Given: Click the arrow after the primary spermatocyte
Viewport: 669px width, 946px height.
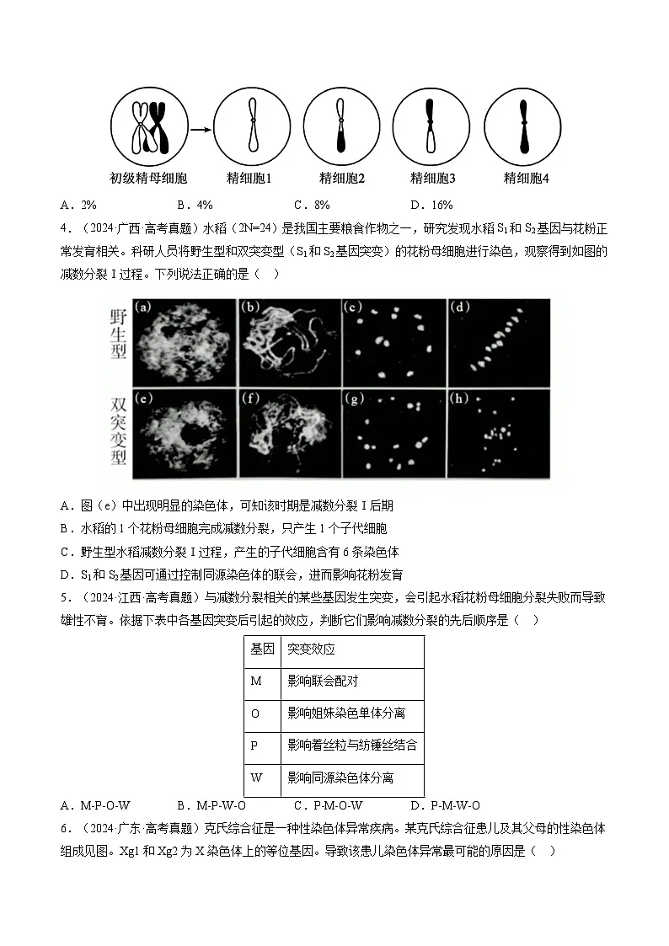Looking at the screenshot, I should click(x=199, y=130).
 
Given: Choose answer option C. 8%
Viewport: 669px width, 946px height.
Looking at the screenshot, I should click(x=311, y=205).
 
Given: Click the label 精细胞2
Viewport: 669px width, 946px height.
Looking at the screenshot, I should click(x=341, y=179).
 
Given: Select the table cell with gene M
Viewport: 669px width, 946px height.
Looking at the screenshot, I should click(x=257, y=681).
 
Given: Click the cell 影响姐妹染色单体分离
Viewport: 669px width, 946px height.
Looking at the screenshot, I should click(x=346, y=714).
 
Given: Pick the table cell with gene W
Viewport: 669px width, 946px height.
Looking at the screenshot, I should click(x=257, y=778).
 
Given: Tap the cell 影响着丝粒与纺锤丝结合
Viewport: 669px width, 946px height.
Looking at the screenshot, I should click(x=352, y=746).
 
